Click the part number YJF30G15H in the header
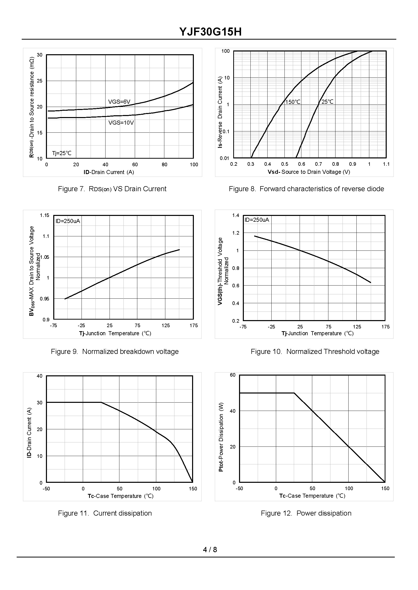210,32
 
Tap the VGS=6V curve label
119,102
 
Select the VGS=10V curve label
121,123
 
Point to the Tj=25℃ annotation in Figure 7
62,153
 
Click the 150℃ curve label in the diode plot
293,102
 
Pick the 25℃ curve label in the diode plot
327,102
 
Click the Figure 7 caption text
112,189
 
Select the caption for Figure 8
306,189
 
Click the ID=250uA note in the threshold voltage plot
257,220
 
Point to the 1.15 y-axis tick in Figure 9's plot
44,215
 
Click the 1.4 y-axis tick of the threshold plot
236,215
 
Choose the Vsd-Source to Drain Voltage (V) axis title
309,172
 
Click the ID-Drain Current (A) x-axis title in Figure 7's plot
109,172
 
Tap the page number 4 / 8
210,550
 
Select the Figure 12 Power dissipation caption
306,513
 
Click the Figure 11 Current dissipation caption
105,513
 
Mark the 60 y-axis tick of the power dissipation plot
233,375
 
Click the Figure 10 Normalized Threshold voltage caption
315,352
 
